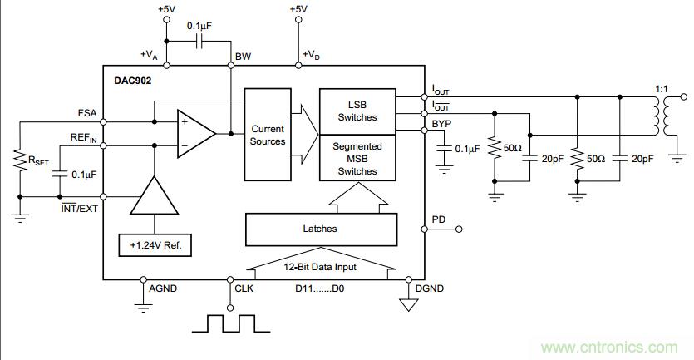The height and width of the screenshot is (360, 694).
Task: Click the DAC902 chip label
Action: [x=132, y=81]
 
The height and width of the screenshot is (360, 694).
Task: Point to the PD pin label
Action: [x=438, y=219]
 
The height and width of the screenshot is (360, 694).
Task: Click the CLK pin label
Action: [x=247, y=290]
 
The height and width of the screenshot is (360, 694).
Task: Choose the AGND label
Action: [x=163, y=289]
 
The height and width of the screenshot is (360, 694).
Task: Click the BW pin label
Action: [x=243, y=57]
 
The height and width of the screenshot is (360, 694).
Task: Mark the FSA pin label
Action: [x=85, y=113]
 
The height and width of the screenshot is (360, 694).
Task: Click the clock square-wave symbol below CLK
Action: [x=224, y=323]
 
